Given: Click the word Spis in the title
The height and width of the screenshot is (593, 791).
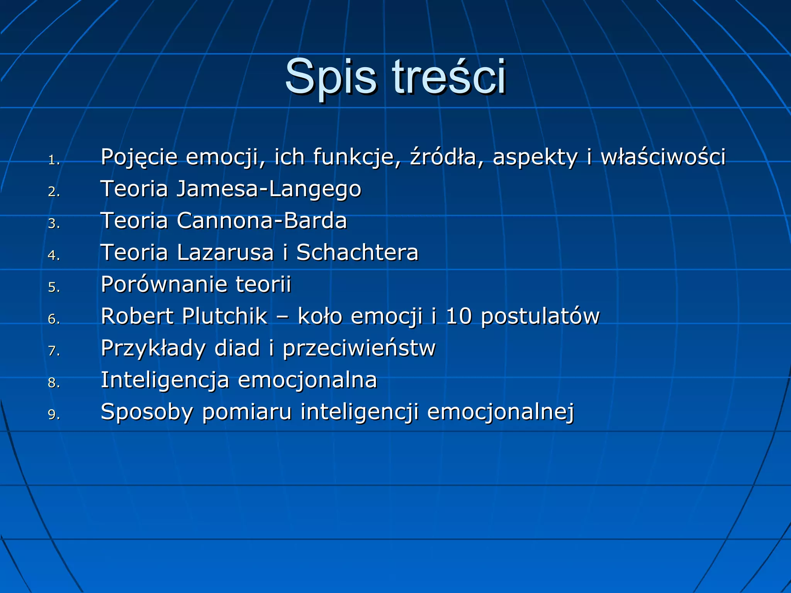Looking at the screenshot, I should coord(330,77).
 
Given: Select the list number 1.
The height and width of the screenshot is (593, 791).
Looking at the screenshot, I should coord(54,160).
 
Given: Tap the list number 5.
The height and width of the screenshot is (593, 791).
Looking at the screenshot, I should coord(54,287).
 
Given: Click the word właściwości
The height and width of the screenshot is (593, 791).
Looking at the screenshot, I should coord(663,157).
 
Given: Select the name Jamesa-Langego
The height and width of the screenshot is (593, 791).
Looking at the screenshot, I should coord(269,189).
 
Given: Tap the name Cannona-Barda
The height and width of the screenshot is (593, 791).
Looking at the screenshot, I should coord(262,221).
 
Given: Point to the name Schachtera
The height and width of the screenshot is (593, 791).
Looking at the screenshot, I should coord(357,252).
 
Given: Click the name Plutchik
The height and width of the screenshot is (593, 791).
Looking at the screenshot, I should coord(224,316).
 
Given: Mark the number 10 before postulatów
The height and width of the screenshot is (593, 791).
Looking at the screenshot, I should coord(459,316).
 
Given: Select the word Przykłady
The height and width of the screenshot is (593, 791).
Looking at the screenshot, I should coord(153,348).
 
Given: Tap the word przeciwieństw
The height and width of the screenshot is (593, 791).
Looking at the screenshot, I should coord(359,348).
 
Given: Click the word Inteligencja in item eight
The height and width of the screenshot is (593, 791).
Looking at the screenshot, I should coord(165,380).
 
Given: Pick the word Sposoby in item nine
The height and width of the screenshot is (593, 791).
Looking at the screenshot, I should coord(146,412).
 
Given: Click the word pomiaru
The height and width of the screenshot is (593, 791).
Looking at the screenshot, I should coord(247,412).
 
